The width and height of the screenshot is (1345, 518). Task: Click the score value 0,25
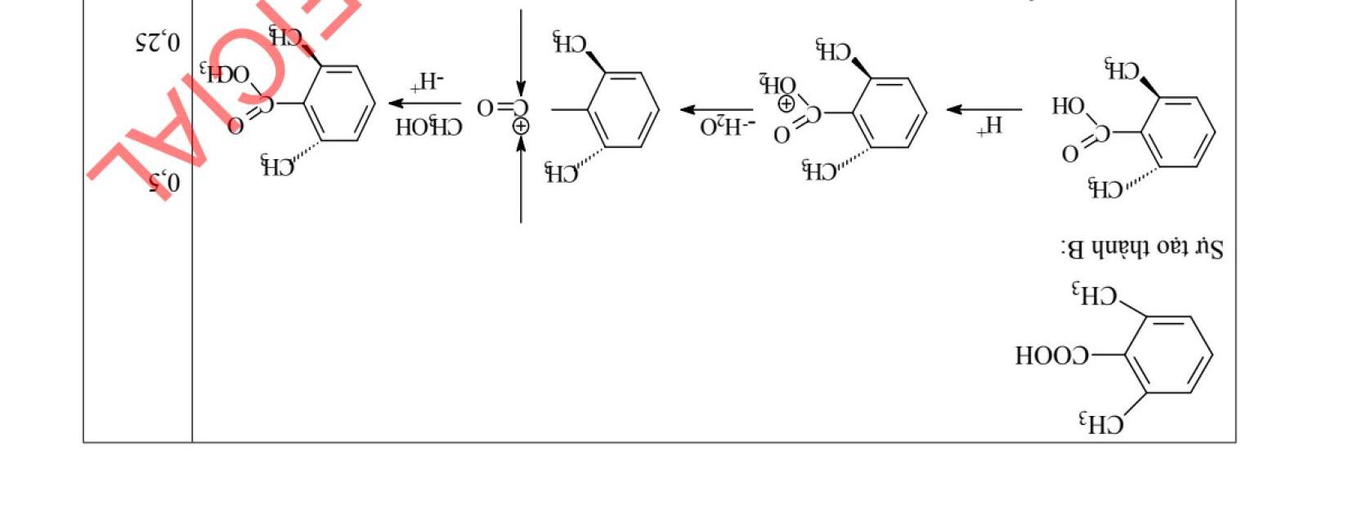pyautogui.click(x=157, y=41)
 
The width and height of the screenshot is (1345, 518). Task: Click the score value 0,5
pyautogui.click(x=164, y=183)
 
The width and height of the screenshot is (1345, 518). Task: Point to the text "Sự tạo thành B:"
pyautogui.click(x=1141, y=247)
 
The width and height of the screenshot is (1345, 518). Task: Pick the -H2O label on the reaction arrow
pyautogui.click(x=727, y=126)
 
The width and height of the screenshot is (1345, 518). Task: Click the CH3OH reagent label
pyautogui.click(x=429, y=127)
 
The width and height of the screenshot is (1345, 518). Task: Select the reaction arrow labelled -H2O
pyautogui.click(x=717, y=109)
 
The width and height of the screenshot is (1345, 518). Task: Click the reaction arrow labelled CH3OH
pyautogui.click(x=425, y=103)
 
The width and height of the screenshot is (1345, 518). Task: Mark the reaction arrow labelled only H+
pyautogui.click(x=984, y=109)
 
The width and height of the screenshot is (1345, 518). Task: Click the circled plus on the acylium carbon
pyautogui.click(x=521, y=126)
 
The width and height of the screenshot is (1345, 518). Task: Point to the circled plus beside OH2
pyautogui.click(x=787, y=104)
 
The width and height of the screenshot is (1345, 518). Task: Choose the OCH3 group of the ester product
pyautogui.click(x=227, y=75)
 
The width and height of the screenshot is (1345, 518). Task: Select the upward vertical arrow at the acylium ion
pyautogui.click(x=521, y=179)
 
